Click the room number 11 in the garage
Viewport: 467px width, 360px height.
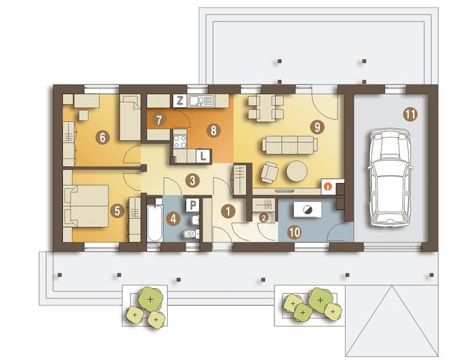tap(410, 114)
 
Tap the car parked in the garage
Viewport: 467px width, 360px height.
tap(390, 178)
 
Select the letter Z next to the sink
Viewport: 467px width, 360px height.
tap(180, 101)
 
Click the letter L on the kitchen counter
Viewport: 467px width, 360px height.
tap(204, 156)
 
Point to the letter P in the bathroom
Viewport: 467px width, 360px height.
tap(193, 205)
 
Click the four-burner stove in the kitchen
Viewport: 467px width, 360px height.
tap(180, 142)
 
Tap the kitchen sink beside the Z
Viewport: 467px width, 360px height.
tap(200, 101)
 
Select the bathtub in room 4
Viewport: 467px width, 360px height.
tap(155, 220)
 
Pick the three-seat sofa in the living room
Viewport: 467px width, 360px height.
tap(290, 145)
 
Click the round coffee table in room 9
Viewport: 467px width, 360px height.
tap(297, 171)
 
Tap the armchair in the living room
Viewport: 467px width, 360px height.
tap(270, 172)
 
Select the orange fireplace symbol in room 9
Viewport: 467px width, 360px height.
tap(328, 186)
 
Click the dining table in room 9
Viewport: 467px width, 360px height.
tap(265, 109)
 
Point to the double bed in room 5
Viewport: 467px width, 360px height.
tap(86, 206)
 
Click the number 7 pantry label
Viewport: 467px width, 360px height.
tap(159, 120)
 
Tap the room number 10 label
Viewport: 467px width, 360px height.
tap(295, 233)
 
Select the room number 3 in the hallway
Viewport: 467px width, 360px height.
tap(193, 180)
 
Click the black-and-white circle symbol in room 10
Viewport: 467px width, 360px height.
tap(308, 210)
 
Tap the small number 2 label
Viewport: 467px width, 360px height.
tap(263, 217)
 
